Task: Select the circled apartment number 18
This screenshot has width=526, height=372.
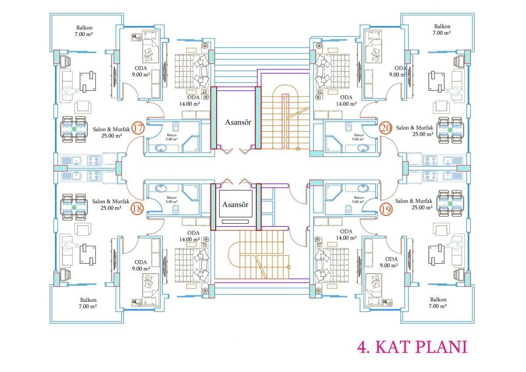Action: coord(137,208)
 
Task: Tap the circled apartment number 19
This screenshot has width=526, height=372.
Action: coord(386,209)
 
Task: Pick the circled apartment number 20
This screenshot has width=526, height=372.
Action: coord(386,128)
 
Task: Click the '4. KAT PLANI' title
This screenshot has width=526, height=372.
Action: coord(412,347)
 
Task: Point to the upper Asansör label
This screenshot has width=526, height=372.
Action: coord(238,122)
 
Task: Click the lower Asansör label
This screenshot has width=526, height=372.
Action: coord(235,204)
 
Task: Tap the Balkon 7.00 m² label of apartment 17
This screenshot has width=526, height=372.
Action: coord(84,31)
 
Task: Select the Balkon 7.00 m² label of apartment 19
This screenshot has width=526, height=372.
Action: coord(438,303)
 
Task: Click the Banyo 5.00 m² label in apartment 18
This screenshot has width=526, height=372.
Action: coord(172,200)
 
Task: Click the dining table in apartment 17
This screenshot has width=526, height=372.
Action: coord(74,129)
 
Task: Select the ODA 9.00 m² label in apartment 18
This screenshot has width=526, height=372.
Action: coord(141,265)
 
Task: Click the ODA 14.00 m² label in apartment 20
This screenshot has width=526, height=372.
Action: coord(346,100)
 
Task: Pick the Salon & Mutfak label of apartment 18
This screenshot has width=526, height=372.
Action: coord(110,202)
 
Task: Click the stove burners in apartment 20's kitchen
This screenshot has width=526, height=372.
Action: coord(430,161)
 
